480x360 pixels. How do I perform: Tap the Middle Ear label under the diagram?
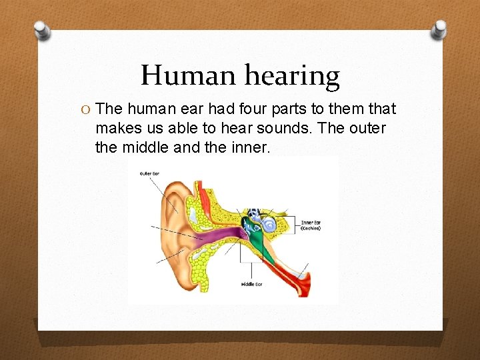[251, 285]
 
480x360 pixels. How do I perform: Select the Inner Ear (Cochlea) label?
[311, 225]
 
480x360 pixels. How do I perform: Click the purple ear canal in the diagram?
[213, 237]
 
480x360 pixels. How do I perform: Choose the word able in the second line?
[185, 127]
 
